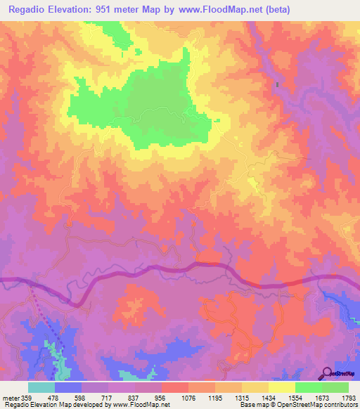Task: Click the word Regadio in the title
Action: pos(30,9)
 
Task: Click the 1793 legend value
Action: pos(349,398)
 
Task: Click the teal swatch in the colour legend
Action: pos(41,387)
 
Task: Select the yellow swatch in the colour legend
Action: pos(282,387)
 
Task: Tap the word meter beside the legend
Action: pos(10,398)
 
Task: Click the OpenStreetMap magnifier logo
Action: pos(328,374)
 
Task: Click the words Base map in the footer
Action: pos(252,405)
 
